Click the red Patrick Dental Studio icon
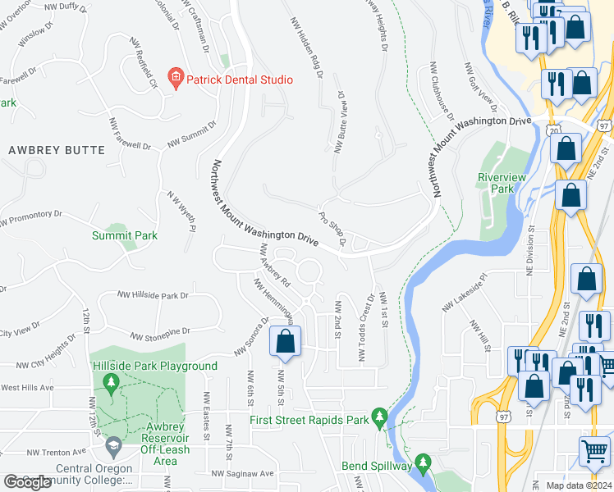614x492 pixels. (x=174, y=80)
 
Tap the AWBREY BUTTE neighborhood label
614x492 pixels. (x=57, y=150)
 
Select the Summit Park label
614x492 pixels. (x=124, y=235)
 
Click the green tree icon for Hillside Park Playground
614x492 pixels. (x=112, y=382)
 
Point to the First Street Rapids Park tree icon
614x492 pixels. (x=378, y=419)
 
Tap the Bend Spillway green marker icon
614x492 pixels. (x=423, y=465)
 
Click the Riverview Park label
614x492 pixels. (x=497, y=183)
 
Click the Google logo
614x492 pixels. (x=27, y=482)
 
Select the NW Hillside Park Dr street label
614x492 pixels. (x=153, y=294)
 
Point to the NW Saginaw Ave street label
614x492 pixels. (x=242, y=473)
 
